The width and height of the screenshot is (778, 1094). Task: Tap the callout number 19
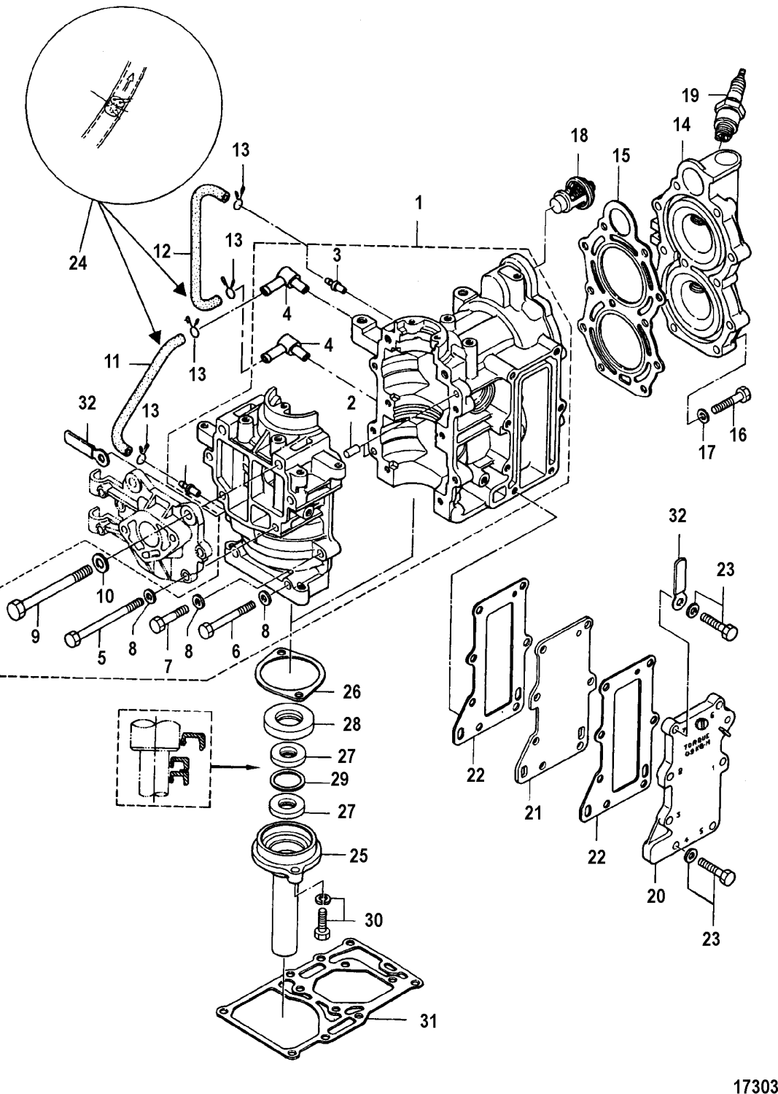click(x=691, y=95)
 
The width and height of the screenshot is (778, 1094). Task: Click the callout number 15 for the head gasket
click(x=621, y=156)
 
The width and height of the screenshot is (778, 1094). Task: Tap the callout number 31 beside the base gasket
click(x=429, y=1022)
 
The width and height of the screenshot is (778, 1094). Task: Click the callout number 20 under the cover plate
click(x=656, y=896)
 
